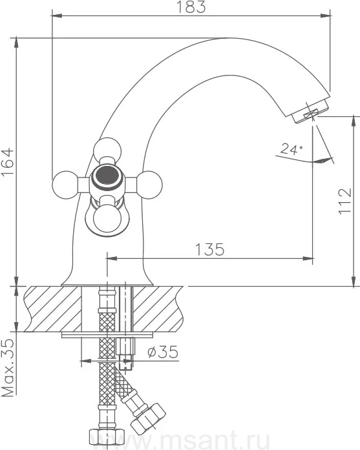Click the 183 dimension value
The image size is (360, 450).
(191, 7)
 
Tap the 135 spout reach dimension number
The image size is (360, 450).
(209, 249)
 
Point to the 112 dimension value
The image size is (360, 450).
(345, 201)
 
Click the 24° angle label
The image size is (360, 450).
(291, 149)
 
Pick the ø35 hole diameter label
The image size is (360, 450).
(163, 352)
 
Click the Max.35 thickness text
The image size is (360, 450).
(8, 367)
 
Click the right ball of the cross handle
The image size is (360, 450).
(149, 185)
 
